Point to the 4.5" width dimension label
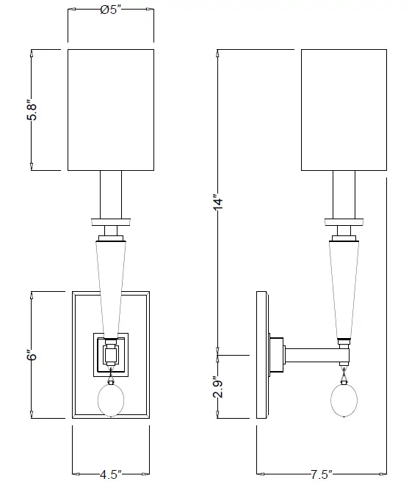(x=110, y=473)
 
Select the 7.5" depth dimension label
(x=321, y=474)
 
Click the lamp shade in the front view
(x=110, y=110)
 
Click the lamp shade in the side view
(x=343, y=110)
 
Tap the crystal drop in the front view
(x=110, y=400)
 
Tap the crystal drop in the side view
(x=343, y=400)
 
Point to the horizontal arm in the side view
(x=312, y=356)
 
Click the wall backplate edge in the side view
(x=261, y=356)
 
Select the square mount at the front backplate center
(x=110, y=355)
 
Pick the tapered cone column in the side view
(x=343, y=286)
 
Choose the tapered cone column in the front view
(x=110, y=286)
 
